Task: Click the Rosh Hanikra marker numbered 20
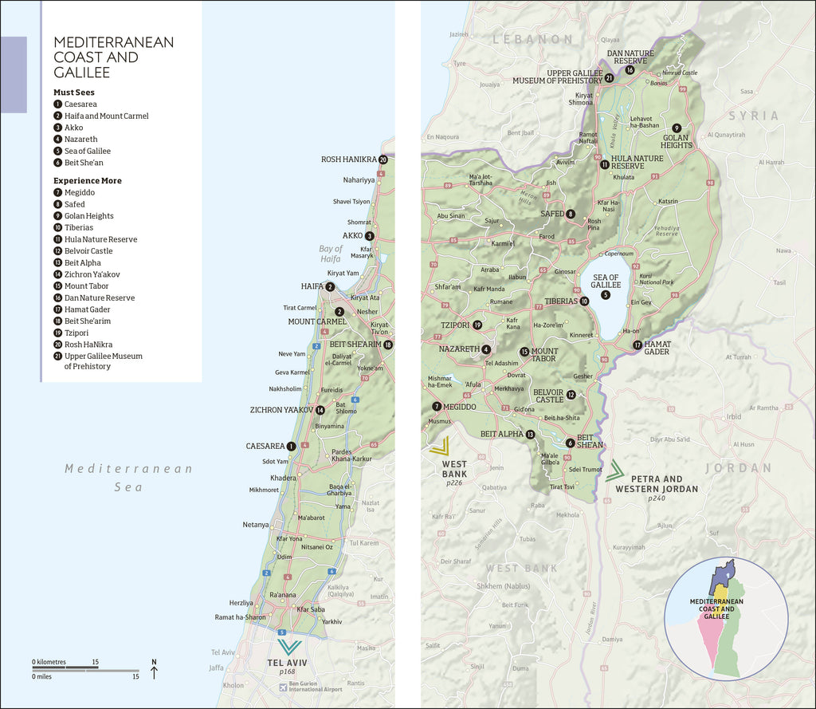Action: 383,160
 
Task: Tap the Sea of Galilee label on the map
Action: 606,281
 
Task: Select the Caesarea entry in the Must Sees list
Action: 80,104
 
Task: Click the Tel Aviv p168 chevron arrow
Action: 288,646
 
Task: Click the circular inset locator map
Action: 726,618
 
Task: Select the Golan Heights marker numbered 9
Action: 677,128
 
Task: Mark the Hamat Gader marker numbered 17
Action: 637,345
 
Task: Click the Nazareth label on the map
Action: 459,349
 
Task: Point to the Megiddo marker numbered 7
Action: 437,406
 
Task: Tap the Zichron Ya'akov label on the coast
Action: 280,410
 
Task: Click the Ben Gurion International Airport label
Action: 316,686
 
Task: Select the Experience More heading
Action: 88,181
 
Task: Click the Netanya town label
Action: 255,525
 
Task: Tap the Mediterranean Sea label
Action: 128,477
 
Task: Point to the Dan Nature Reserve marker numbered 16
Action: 630,70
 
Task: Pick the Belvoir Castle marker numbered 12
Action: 571,395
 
